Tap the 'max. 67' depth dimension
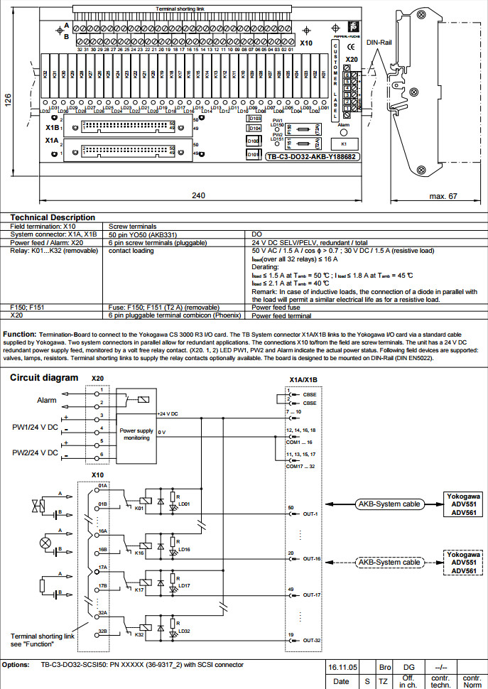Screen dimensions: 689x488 click(x=443, y=195)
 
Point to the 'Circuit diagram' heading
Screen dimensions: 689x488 click(x=43, y=377)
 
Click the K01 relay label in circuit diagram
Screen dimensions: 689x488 click(x=139, y=508)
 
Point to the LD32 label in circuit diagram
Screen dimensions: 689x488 click(x=184, y=631)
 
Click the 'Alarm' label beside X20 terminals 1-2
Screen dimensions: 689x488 click(x=46, y=401)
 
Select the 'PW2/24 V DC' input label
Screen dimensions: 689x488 click(x=36, y=452)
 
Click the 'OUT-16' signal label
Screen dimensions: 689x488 click(x=313, y=559)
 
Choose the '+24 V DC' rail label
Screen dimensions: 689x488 click(x=168, y=413)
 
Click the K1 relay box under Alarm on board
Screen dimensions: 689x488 click(x=344, y=143)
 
